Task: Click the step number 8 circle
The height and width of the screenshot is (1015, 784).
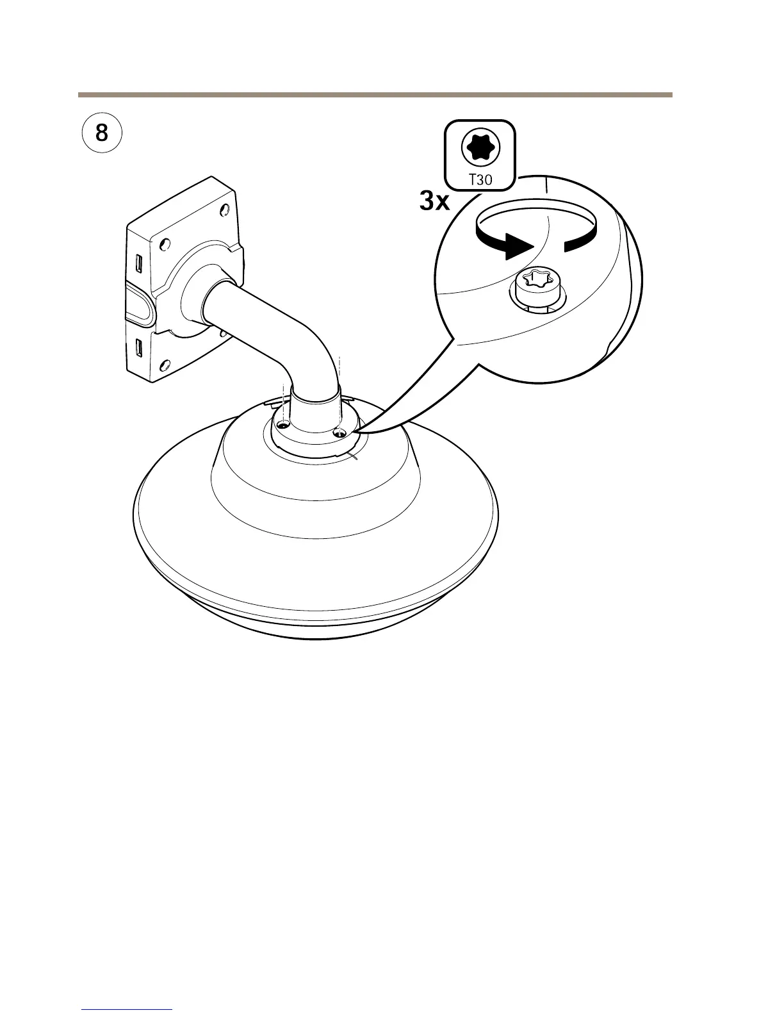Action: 102,134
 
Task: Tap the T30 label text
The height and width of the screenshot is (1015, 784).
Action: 480,179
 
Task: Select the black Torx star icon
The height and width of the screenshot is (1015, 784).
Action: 480,147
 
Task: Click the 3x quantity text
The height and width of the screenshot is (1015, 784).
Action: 435,202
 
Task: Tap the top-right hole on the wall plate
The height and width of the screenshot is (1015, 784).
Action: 224,210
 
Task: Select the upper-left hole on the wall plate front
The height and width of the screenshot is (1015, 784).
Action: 164,244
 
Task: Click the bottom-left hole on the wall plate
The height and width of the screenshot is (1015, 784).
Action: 165,367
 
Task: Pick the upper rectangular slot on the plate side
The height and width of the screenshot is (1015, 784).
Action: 138,263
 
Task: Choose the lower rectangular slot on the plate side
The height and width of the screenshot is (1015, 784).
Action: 138,349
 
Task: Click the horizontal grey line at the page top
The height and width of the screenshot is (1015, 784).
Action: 375,95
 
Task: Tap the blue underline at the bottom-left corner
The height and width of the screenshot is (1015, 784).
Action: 127,1009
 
